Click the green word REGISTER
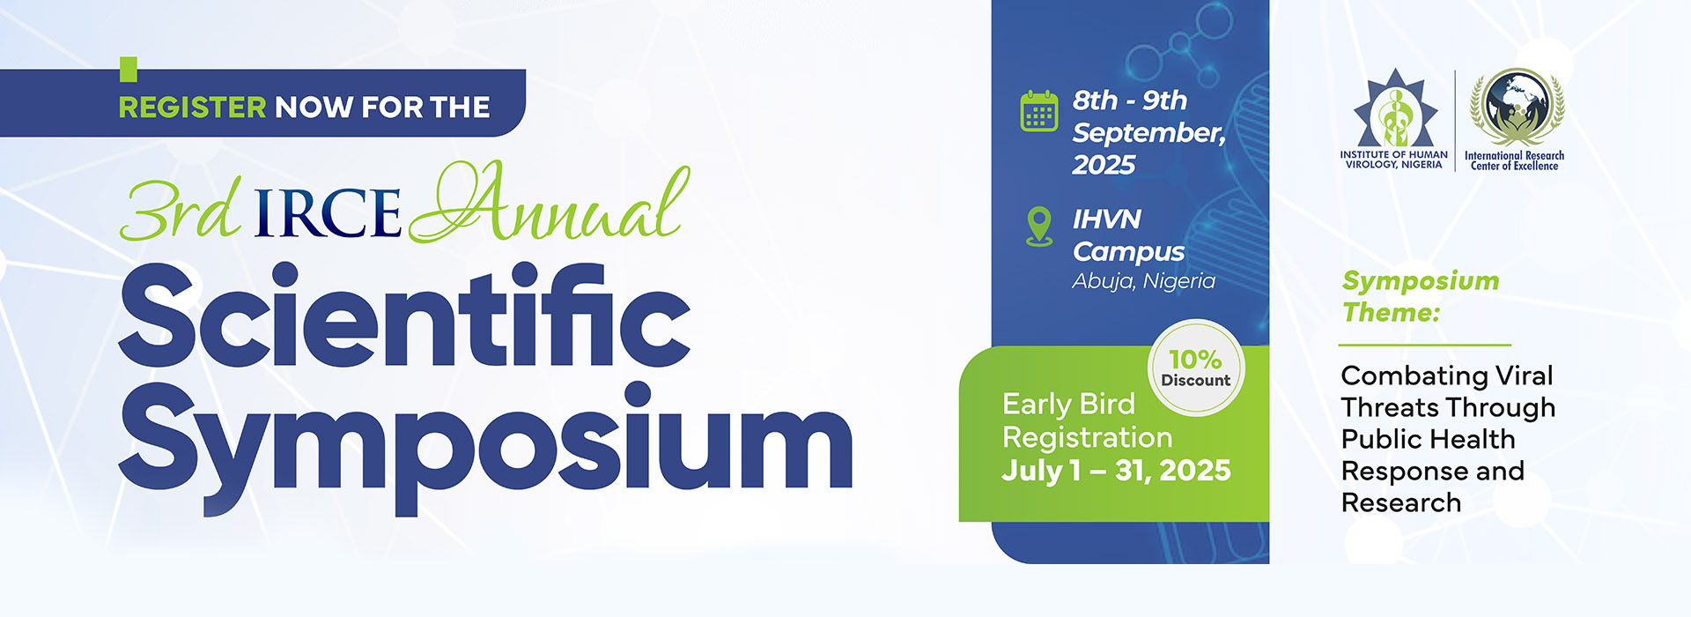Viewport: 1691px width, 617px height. coord(192,108)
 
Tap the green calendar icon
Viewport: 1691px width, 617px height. coord(1039,111)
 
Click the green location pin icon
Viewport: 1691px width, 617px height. coord(1040,227)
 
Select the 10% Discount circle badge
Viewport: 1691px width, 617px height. coord(1196,368)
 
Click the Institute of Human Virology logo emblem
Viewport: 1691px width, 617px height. coord(1394,109)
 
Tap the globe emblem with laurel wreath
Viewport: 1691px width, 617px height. coord(1516,108)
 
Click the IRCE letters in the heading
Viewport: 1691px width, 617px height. coord(328,214)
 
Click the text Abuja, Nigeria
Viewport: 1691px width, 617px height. coord(1143,282)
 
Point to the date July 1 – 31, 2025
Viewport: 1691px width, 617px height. coord(1116,471)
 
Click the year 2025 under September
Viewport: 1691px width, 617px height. coord(1104,165)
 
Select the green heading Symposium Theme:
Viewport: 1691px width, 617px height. coord(1420,296)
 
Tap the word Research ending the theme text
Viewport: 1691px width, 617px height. coord(1401,502)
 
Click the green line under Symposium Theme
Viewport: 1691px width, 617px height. coord(1425,345)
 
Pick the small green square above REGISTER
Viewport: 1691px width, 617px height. coord(129,69)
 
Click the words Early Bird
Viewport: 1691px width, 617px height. coord(1068,405)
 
